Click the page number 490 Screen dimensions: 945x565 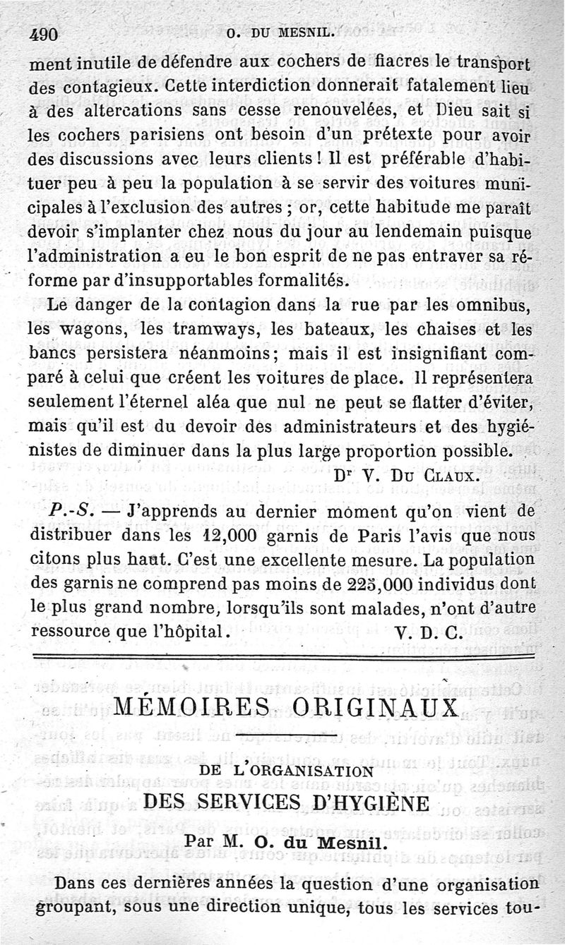pos(43,36)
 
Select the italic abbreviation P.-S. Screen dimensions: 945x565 pos(70,511)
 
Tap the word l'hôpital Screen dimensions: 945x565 pos(189,632)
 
